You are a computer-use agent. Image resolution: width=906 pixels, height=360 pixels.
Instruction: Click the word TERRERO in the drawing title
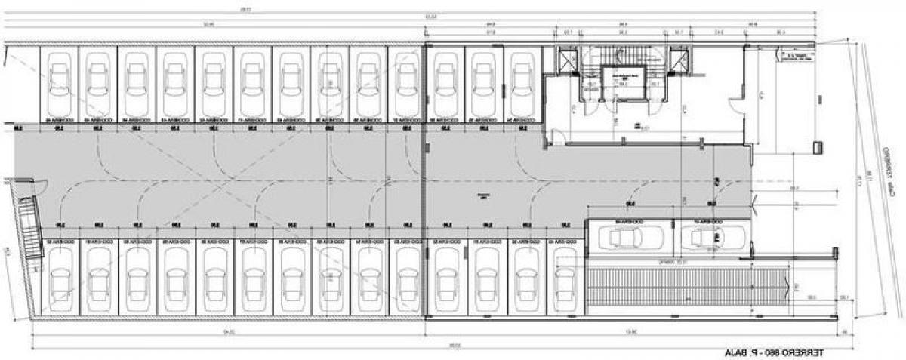coord(800,352)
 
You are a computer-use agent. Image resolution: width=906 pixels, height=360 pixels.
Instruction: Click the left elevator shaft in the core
coord(565,60)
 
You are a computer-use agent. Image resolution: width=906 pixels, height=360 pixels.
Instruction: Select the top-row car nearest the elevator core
coord(523,83)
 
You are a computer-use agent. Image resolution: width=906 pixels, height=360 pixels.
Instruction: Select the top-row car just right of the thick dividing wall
coord(445,83)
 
